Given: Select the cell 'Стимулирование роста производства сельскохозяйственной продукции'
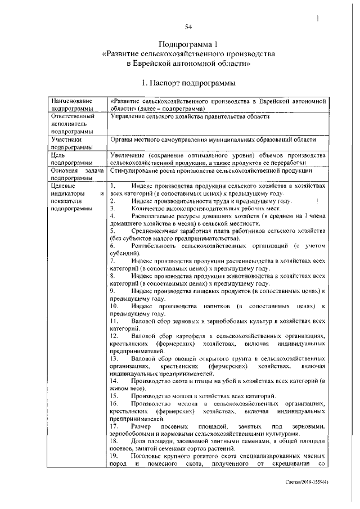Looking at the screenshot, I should click(x=211, y=170).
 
